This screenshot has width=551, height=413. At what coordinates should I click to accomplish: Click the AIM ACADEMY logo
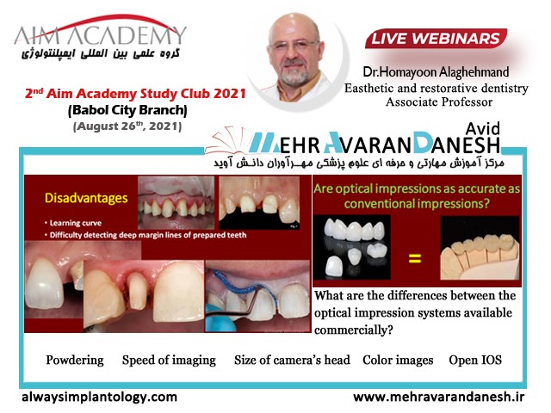(100, 37)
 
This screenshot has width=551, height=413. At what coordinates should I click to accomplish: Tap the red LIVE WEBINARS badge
(436, 39)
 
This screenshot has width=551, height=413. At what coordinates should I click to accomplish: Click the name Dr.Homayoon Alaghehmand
(436, 72)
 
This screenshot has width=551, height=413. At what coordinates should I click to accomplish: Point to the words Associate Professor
(439, 102)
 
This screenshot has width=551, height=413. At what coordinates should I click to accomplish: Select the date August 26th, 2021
(127, 126)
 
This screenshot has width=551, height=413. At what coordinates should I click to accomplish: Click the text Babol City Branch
(127, 110)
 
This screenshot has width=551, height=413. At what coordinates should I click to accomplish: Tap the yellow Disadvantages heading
(86, 199)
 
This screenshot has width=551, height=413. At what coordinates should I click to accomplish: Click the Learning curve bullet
(73, 223)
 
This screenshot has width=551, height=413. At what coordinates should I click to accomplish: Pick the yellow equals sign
(415, 259)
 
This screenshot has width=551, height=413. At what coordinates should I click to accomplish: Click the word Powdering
(75, 361)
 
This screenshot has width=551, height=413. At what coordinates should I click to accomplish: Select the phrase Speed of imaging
(169, 361)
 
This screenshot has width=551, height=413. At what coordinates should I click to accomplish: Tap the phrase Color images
(398, 361)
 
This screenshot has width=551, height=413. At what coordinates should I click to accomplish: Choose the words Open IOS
(475, 361)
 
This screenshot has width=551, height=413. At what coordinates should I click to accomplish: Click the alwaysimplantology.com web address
(100, 398)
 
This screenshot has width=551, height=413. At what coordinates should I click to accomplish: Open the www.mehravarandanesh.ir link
(439, 398)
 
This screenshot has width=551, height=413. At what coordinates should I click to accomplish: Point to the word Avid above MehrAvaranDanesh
(482, 129)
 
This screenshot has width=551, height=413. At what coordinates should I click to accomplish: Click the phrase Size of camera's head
(292, 361)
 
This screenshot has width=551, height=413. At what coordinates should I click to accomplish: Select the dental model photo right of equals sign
(480, 248)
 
